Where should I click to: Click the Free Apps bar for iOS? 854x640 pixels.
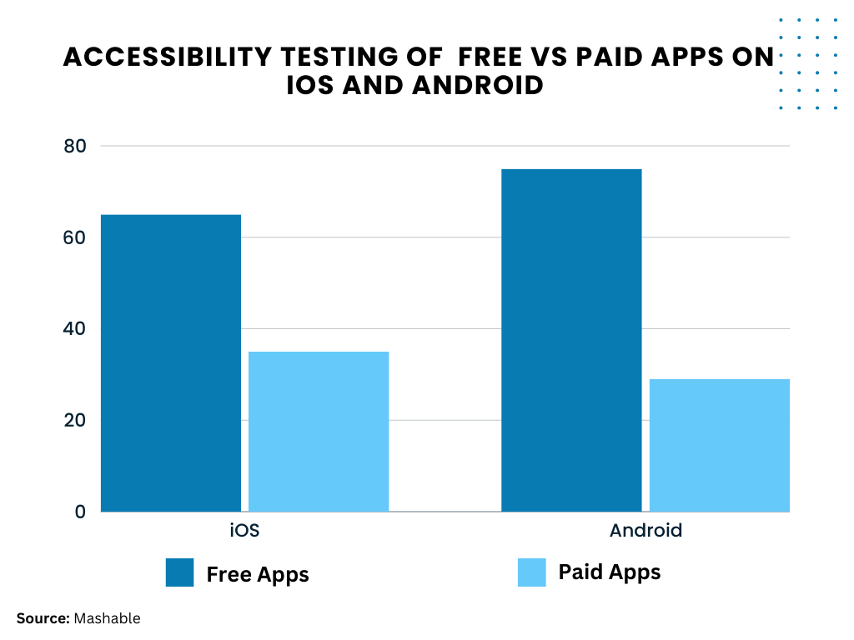click(x=171, y=362)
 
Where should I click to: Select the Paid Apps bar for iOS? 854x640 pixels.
click(x=319, y=431)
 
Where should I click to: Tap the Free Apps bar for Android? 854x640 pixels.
click(x=571, y=340)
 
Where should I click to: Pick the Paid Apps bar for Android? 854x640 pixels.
click(x=719, y=445)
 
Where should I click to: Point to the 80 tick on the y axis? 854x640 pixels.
click(x=76, y=146)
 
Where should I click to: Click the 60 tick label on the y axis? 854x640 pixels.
click(x=76, y=237)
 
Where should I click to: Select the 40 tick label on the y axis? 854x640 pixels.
click(x=76, y=328)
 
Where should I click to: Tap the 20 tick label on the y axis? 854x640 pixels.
click(x=76, y=420)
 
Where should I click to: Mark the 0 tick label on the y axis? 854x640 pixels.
click(x=81, y=512)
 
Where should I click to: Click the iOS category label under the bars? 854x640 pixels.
click(x=244, y=531)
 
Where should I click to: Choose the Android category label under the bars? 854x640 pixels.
click(x=646, y=531)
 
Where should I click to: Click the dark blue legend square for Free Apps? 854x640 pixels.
click(x=179, y=572)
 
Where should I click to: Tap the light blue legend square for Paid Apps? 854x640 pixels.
click(x=532, y=572)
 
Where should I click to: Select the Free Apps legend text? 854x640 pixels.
click(x=258, y=575)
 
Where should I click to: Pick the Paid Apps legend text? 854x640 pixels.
click(x=610, y=572)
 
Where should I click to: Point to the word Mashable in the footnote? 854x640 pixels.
click(x=108, y=618)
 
